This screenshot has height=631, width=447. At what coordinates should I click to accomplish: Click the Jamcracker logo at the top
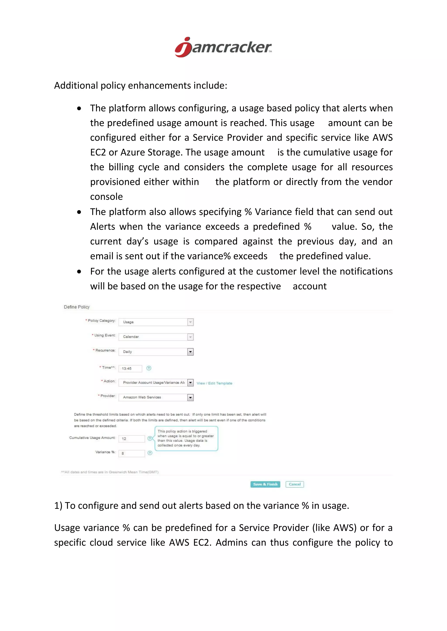pyautogui.click(x=223, y=47)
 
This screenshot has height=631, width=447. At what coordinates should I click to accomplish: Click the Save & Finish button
pyautogui.click(x=265, y=484)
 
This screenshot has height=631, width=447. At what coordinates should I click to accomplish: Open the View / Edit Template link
pyautogui.click(x=214, y=383)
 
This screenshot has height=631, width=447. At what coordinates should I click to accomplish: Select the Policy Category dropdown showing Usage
pyautogui.click(x=156, y=322)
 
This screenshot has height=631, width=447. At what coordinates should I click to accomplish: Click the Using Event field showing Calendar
pyautogui.click(x=156, y=337)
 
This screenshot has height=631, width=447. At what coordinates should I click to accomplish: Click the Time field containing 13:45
pyautogui.click(x=130, y=368)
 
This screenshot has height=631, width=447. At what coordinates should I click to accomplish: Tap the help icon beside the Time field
pyautogui.click(x=149, y=368)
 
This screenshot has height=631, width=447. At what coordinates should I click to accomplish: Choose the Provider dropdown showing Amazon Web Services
pyautogui.click(x=156, y=397)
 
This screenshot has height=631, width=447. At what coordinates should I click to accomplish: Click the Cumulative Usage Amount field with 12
pyautogui.click(x=132, y=439)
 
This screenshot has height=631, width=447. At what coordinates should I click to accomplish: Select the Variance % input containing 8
pyautogui.click(x=132, y=453)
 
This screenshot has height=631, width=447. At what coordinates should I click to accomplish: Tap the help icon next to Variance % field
pyautogui.click(x=150, y=453)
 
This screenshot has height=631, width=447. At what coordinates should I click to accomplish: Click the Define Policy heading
pyautogui.click(x=77, y=307)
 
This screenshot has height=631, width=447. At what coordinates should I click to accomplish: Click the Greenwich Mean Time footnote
pyautogui.click(x=110, y=472)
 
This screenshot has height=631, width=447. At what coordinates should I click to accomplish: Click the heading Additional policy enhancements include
pyautogui.click(x=140, y=85)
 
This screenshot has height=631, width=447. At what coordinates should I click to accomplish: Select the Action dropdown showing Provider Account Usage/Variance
pyautogui.click(x=156, y=383)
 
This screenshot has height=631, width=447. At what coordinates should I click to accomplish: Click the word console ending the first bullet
pyautogui.click(x=106, y=197)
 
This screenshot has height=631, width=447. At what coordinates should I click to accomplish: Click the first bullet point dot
pyautogui.click(x=79, y=109)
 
